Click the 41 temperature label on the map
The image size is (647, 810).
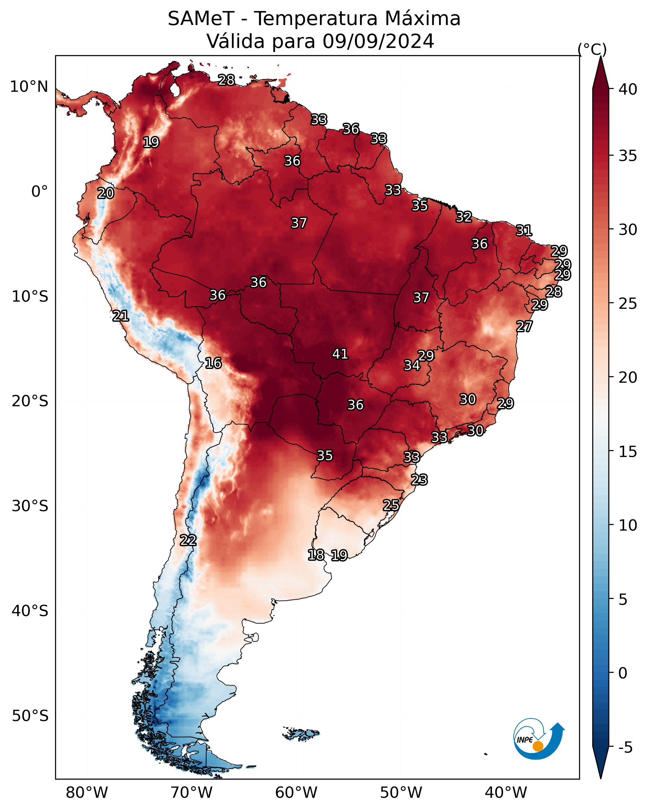coord(340,354)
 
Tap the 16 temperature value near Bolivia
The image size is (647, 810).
coord(213,363)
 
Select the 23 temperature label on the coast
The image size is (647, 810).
coord(419,480)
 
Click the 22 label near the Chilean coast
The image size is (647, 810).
coord(188,540)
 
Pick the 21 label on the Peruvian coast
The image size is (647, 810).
coord(121,316)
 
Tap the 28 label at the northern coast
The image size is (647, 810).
coord(226,80)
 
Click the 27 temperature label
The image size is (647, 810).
coord(524,326)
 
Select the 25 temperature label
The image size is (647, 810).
coord(391,505)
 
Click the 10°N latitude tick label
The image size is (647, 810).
coord(29,87)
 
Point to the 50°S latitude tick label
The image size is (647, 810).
coord(30,716)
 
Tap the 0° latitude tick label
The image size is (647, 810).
coord(40,192)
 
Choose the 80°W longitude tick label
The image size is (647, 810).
coord(87,793)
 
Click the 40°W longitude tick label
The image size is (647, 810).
coord(506,793)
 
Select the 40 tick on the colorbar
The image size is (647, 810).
coord(628,89)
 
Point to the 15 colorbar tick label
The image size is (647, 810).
coord(628,452)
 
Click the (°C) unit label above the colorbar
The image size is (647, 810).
coord(592,49)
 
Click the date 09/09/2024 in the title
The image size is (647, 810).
coord(378,41)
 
